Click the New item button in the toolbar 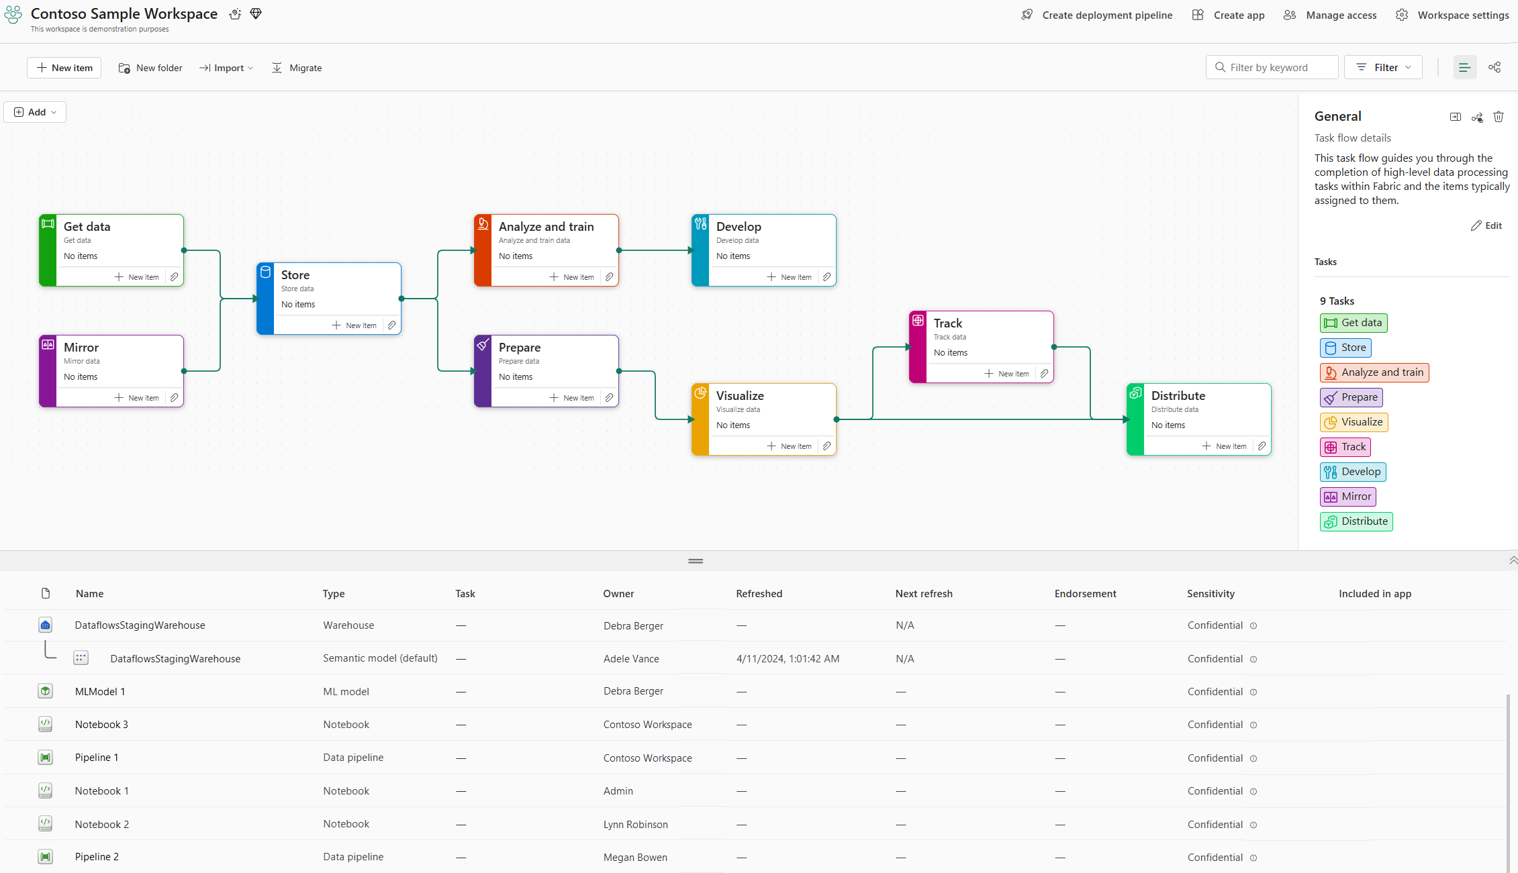64,68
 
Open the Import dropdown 226,68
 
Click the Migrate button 297,68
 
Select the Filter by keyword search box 1273,68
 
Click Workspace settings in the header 1454,15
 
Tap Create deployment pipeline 1097,15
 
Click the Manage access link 1330,15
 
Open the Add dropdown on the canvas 36,112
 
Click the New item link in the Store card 354,325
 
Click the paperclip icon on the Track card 1044,374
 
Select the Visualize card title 740,396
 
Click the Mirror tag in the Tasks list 1348,497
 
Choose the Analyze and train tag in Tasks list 1374,372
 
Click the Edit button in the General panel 1486,225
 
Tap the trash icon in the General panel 1499,117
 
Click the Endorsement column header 1085,594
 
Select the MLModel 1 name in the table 100,692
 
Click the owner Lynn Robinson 635,825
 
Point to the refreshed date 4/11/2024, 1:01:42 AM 788,659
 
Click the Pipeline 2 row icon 45,857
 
